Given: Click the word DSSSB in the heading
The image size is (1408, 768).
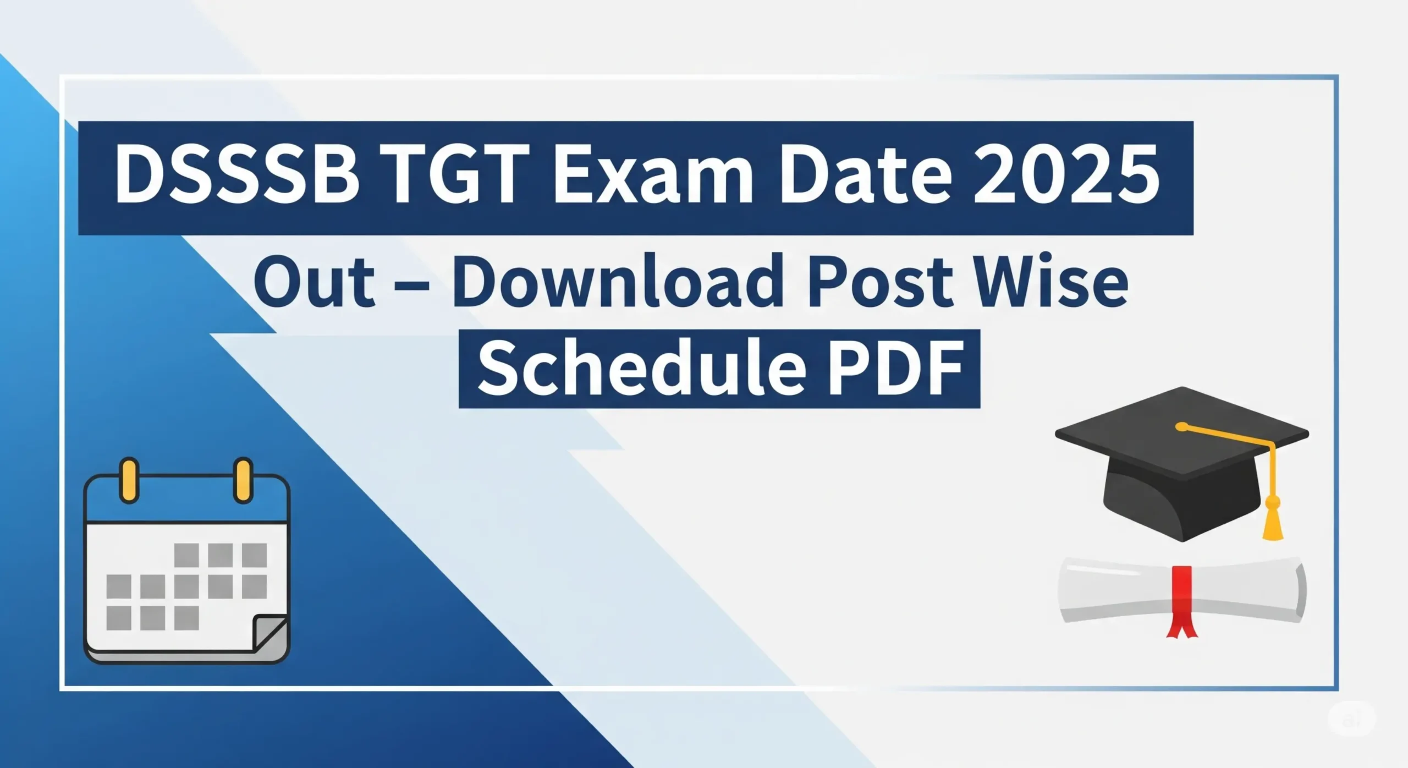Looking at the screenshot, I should (x=237, y=175).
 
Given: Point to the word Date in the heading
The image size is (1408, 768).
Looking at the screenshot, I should (x=866, y=175).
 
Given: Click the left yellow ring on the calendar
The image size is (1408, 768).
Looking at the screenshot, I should (x=129, y=480).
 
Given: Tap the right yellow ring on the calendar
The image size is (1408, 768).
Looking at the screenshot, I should (x=243, y=480).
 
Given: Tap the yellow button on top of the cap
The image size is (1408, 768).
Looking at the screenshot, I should (x=1181, y=426).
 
